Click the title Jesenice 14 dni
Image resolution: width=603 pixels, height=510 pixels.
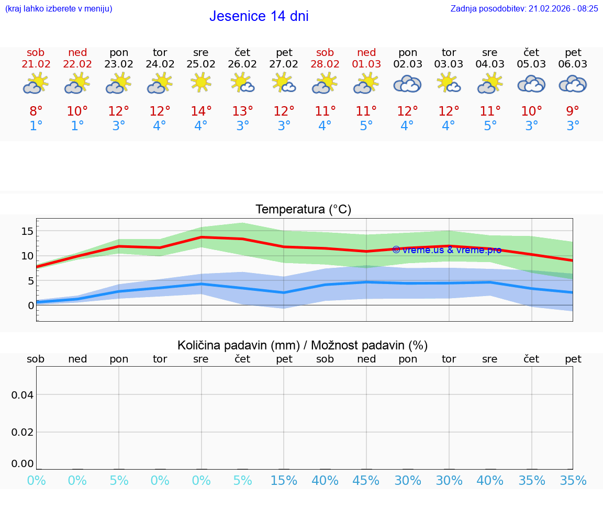click(x=259, y=16)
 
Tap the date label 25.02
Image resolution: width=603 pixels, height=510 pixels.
click(x=200, y=64)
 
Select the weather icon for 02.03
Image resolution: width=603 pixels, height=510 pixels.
click(x=407, y=84)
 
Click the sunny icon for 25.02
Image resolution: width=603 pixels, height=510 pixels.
click(x=200, y=83)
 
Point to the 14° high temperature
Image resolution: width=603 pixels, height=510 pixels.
click(x=201, y=111)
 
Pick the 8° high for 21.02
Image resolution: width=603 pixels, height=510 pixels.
click(x=36, y=111)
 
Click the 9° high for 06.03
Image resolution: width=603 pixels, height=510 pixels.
click(x=573, y=111)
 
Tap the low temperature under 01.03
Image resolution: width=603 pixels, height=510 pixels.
click(x=366, y=126)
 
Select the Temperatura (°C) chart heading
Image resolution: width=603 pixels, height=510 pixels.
click(x=303, y=210)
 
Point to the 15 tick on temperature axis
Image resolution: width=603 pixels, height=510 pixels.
click(x=27, y=231)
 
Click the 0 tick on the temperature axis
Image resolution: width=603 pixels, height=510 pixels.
click(x=31, y=305)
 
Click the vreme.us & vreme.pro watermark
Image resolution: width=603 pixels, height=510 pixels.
click(x=446, y=250)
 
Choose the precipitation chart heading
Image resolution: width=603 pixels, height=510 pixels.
click(x=303, y=345)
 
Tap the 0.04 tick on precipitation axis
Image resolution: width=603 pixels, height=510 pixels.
click(x=23, y=395)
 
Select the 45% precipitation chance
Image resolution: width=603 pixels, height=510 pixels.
click(x=366, y=481)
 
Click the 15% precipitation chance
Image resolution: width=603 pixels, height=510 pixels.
click(x=284, y=481)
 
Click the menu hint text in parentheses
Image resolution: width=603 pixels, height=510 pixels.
click(x=59, y=9)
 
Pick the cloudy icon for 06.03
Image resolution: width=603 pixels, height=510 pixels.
click(x=573, y=84)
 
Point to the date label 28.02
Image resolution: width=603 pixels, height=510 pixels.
click(x=325, y=64)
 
